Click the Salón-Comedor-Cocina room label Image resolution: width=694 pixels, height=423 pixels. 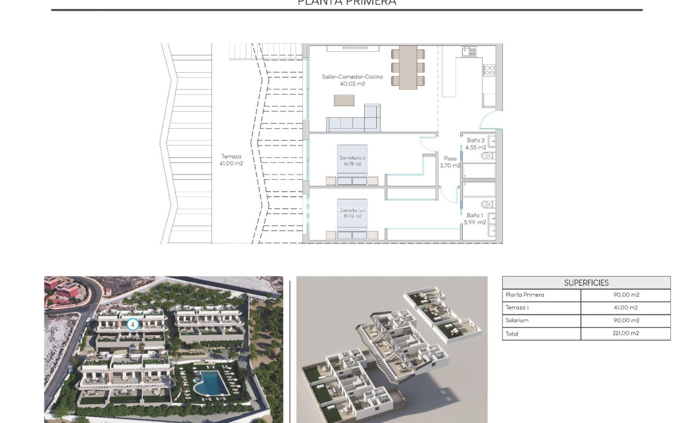(353, 80)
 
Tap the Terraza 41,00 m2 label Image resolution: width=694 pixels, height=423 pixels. (232, 160)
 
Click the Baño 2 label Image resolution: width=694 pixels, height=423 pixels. (476, 144)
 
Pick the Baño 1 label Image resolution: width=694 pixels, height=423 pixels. (474, 219)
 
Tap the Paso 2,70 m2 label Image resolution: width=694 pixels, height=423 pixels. (450, 162)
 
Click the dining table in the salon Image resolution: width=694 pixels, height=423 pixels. (407, 68)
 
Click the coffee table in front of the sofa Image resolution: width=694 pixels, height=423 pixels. (344, 100)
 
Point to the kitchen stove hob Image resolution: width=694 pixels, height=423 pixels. (489, 70)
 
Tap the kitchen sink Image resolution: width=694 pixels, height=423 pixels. (469, 51)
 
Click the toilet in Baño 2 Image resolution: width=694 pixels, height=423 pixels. (487, 156)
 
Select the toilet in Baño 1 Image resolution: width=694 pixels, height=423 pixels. (487, 204)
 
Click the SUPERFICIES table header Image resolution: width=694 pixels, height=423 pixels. (586, 283)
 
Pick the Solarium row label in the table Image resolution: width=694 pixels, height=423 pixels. (517, 321)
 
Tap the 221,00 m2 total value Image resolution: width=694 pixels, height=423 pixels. (625, 333)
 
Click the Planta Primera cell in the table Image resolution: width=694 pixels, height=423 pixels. (525, 295)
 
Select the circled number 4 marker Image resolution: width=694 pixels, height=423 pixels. (133, 325)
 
